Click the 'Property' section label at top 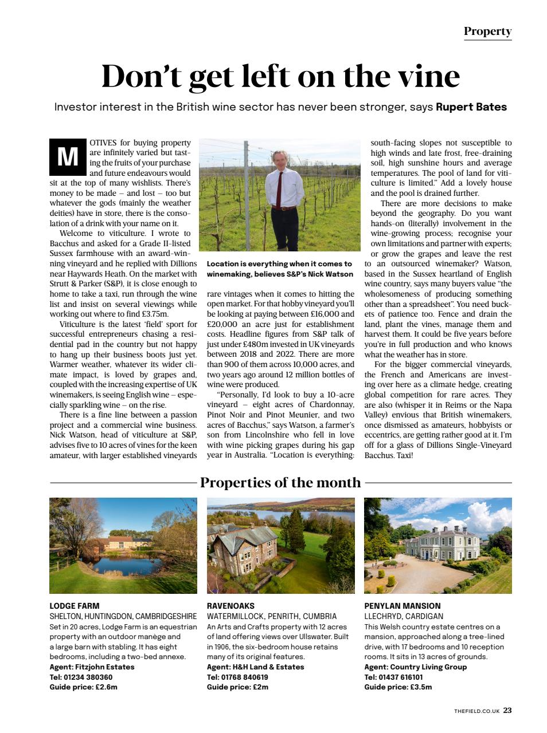(x=487, y=31)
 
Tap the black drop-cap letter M (x=67, y=156)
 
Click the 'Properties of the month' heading (x=280, y=482)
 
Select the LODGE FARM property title (x=75, y=605)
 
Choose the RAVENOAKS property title (x=230, y=605)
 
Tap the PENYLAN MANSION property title (x=403, y=605)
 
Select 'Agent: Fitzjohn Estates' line (x=92, y=667)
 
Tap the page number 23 (x=507, y=711)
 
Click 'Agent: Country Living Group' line (x=416, y=667)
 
